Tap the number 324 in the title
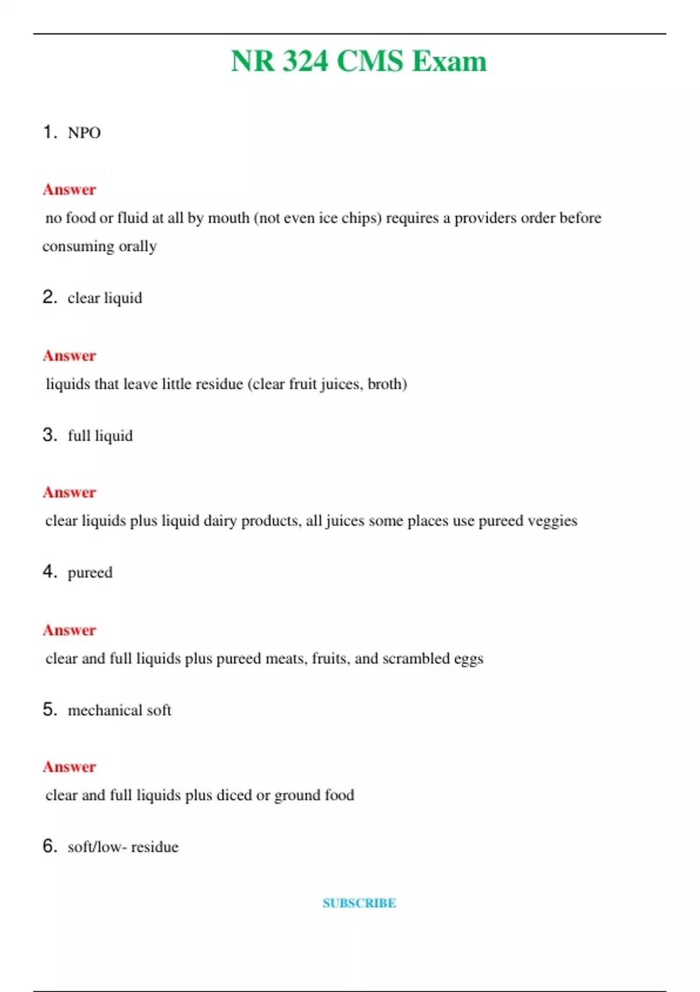point(305,61)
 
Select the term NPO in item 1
point(84,133)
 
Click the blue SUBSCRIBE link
point(359,903)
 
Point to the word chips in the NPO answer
point(361,218)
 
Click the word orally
point(138,246)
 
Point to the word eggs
point(468,659)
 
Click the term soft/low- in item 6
point(97,847)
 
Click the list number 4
point(50,571)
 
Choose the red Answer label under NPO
point(69,190)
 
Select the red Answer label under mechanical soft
point(69,767)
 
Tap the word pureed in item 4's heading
point(90,572)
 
